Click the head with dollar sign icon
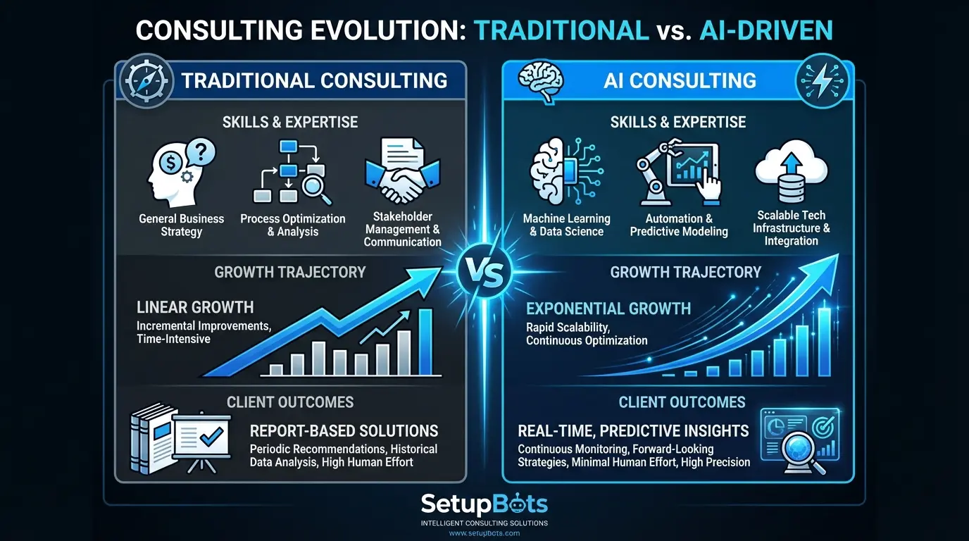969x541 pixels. coord(180,172)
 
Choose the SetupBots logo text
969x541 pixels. coord(484,504)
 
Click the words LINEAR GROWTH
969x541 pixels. coord(195,307)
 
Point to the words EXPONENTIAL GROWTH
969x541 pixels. coord(608,309)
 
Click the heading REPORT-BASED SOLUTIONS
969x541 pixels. coord(344,430)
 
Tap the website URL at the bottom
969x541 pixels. coord(484,533)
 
